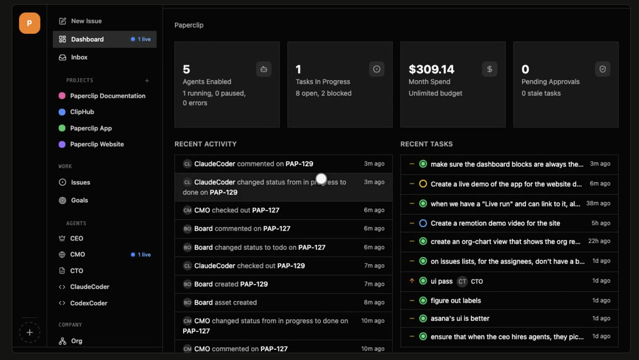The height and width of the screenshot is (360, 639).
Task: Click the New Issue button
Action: click(x=81, y=21)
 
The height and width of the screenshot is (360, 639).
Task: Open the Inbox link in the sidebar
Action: click(x=73, y=57)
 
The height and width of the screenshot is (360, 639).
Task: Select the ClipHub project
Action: click(x=77, y=112)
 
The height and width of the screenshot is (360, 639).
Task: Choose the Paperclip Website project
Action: click(x=91, y=144)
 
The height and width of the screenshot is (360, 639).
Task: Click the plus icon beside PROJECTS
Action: click(x=147, y=81)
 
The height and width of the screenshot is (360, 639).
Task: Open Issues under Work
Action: click(x=75, y=182)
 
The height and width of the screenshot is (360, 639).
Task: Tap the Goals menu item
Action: click(x=73, y=200)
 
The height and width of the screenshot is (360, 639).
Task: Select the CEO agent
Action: click(x=72, y=238)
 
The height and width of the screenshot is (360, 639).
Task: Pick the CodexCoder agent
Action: click(x=83, y=303)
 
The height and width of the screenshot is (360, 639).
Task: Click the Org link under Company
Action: click(x=70, y=341)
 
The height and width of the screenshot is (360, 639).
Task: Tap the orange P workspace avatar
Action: click(x=29, y=23)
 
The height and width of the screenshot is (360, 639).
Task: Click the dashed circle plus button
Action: click(x=29, y=333)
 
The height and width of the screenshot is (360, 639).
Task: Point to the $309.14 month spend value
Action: click(x=431, y=69)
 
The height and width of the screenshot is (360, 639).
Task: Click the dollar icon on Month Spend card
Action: click(x=489, y=69)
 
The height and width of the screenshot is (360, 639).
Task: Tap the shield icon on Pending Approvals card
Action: click(x=603, y=69)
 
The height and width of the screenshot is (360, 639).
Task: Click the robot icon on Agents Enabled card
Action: click(x=264, y=69)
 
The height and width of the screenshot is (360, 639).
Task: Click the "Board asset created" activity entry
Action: click(x=283, y=302)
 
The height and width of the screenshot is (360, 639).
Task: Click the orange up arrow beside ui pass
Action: click(x=412, y=281)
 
